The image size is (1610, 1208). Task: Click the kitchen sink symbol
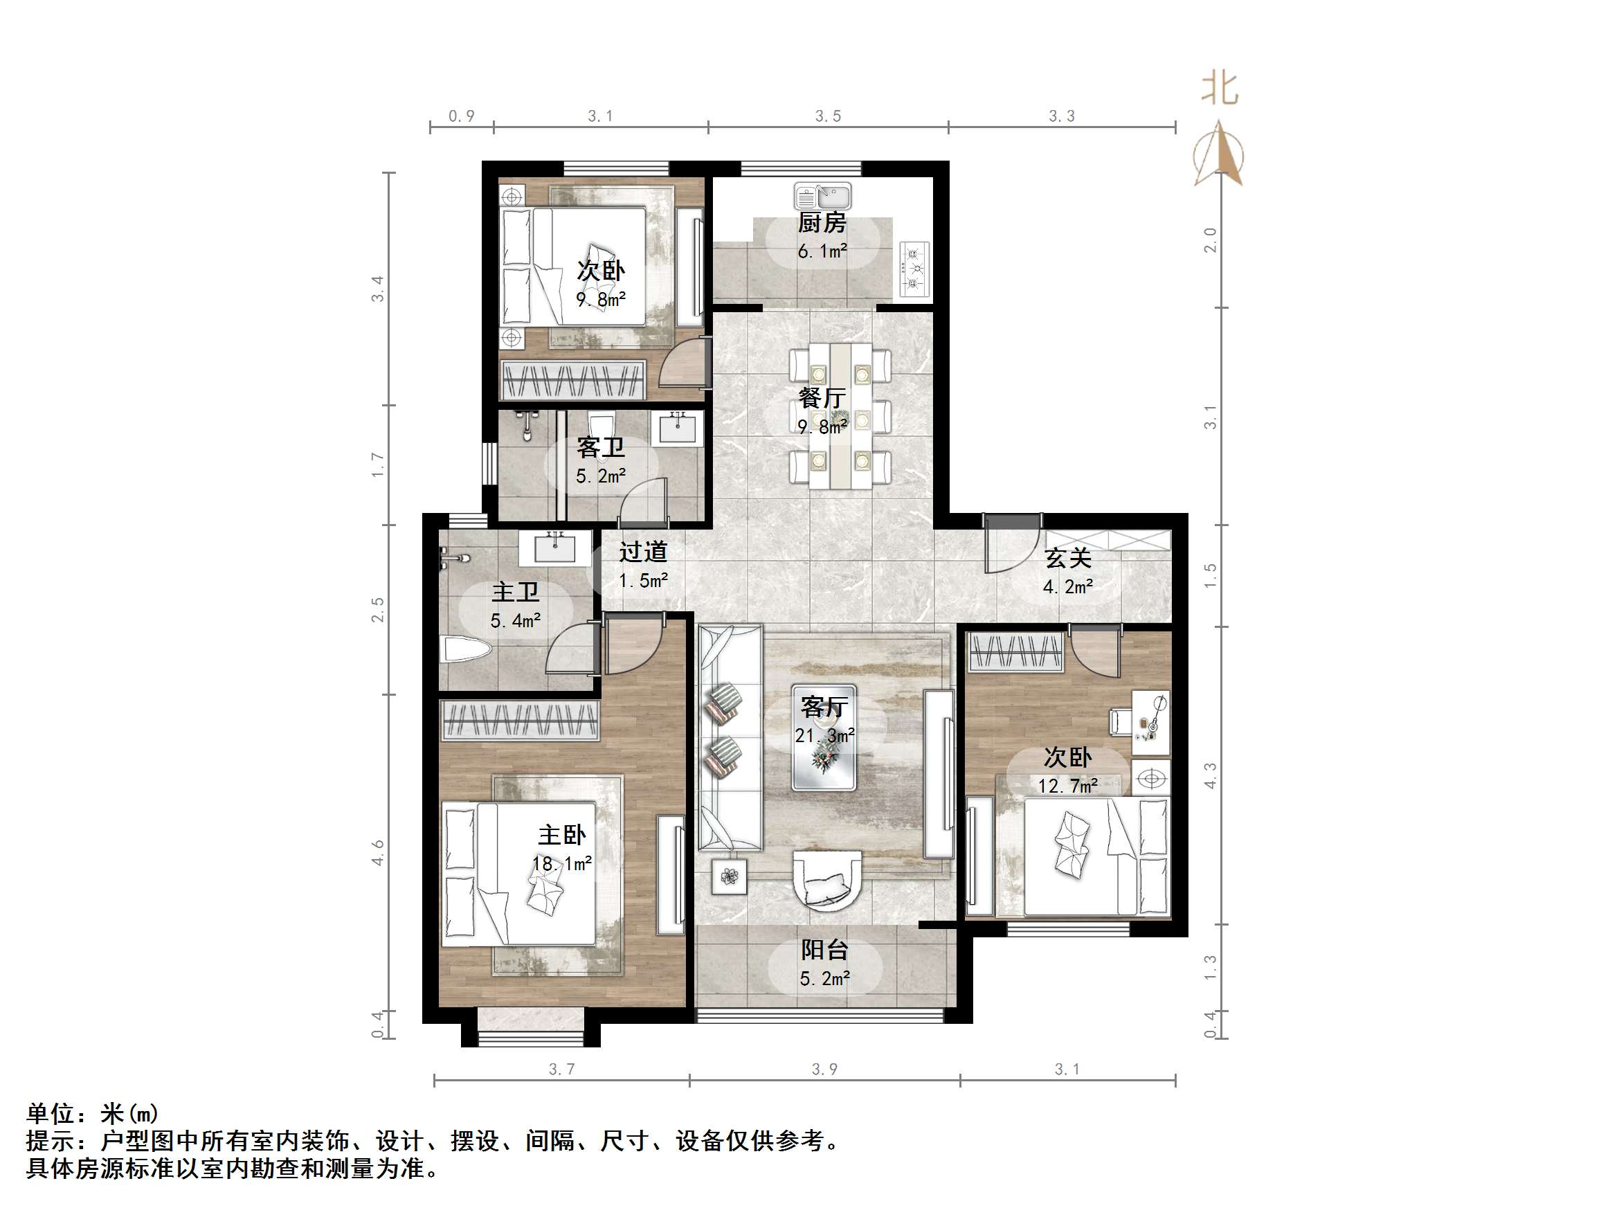point(822,197)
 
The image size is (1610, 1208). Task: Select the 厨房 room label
point(822,222)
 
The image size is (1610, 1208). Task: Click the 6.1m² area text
point(822,252)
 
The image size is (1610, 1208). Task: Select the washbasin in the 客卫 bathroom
point(678,427)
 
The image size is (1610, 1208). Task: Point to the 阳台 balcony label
point(824,950)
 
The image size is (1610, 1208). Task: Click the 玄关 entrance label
point(1068,559)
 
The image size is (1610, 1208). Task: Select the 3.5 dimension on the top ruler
point(828,116)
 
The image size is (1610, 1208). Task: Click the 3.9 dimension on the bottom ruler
point(824,1069)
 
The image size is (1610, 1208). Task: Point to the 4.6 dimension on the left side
point(378,852)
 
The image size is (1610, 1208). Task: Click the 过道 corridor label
point(643,552)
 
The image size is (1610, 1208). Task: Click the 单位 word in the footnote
point(51,1113)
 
